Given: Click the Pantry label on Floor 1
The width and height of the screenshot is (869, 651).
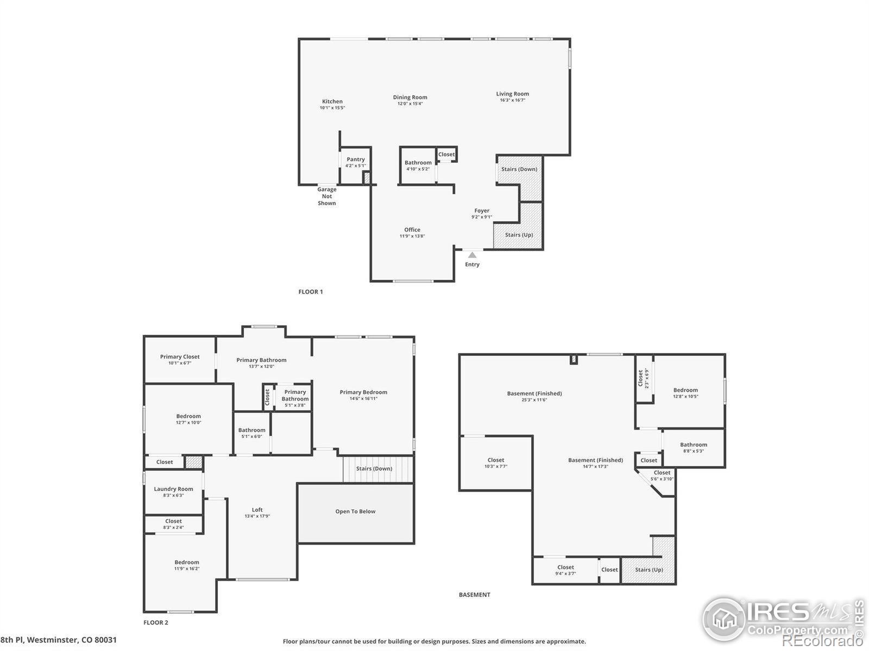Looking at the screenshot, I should coord(356,159).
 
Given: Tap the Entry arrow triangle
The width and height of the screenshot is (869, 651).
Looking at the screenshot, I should coord(473,255).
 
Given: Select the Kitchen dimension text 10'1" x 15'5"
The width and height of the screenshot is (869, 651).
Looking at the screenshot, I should coord(332,108).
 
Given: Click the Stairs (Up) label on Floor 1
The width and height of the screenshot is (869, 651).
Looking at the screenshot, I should coord(519,235).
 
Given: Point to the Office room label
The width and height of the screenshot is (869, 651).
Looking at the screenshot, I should coord(412,229).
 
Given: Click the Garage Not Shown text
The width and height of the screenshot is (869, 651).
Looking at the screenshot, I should coord(326,196).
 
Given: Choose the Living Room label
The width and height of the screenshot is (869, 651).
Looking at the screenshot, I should coord(512,94).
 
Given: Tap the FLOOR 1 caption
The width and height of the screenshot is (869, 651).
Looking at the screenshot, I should coord(311,292).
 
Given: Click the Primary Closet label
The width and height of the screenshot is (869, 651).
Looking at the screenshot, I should coord(180,356).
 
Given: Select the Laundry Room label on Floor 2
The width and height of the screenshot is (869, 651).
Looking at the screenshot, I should coord(173,489).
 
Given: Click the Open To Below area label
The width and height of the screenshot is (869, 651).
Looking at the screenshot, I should coord(355,512).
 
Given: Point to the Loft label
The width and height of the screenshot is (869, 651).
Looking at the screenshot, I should coord(257,509).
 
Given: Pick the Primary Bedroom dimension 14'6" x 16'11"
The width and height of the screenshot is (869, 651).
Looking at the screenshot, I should coord(363,399).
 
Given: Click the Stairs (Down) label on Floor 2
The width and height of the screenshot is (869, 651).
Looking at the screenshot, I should coord(374,469).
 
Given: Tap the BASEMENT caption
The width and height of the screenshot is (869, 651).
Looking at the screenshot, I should coord(474,595).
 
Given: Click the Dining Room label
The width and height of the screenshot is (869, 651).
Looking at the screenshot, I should coord(410,98).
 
